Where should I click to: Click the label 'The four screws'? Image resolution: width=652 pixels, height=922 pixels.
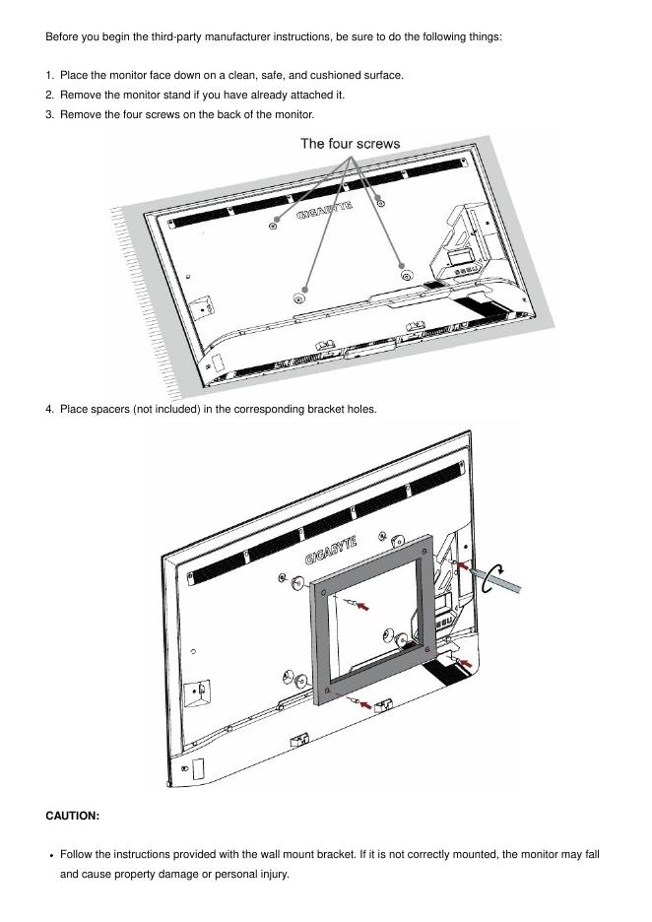coord(350,144)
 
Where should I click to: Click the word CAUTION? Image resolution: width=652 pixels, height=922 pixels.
coord(72,816)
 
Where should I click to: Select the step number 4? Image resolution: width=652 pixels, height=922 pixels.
coord(49,409)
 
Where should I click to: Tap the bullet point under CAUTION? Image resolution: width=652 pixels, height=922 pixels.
coord(50,855)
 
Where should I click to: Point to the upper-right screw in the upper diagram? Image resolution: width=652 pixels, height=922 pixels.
coord(380,202)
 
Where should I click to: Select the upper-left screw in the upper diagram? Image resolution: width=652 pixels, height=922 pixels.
coord(273,226)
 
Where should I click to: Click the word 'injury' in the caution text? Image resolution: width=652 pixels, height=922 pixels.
coord(272,875)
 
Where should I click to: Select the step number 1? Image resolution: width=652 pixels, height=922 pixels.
coord(49,75)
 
